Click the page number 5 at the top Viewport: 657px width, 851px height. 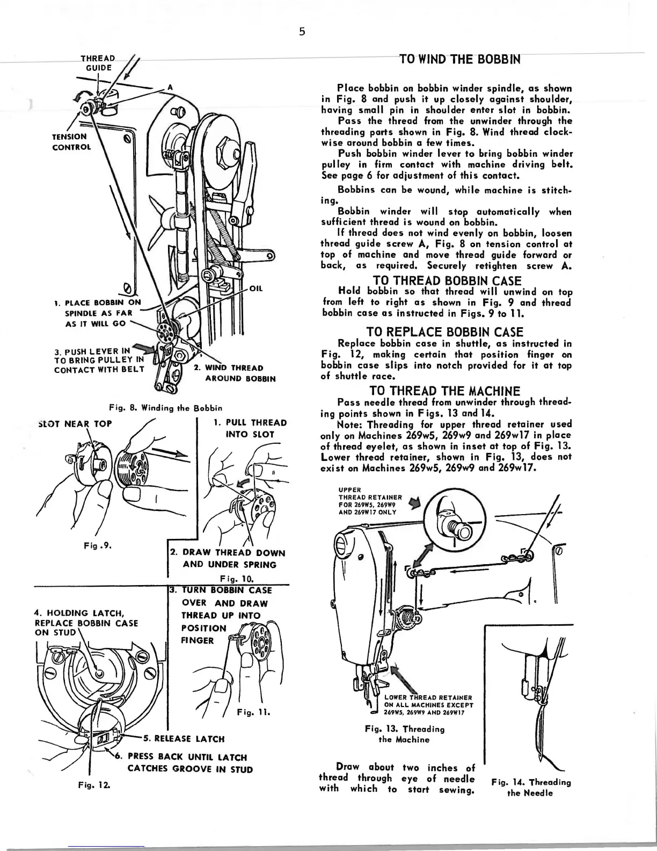(302, 32)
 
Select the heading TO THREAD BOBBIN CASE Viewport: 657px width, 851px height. (447, 280)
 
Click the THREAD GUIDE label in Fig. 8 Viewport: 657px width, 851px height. (98, 63)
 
